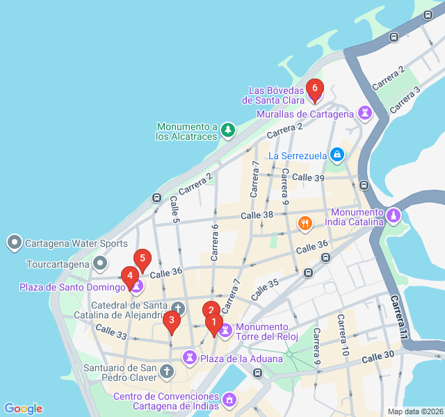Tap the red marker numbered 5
(x=143, y=261)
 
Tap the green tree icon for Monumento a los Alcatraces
(x=227, y=130)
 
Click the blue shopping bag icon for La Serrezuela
(x=337, y=154)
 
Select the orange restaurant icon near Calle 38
(x=305, y=224)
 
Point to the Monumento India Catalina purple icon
(x=394, y=216)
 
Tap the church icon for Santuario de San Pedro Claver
(x=166, y=372)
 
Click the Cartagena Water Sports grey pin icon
(x=15, y=243)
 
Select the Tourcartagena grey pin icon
(x=102, y=263)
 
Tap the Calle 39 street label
(x=309, y=178)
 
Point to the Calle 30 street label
(x=379, y=357)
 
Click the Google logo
(x=23, y=409)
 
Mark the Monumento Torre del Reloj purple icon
(x=225, y=331)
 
